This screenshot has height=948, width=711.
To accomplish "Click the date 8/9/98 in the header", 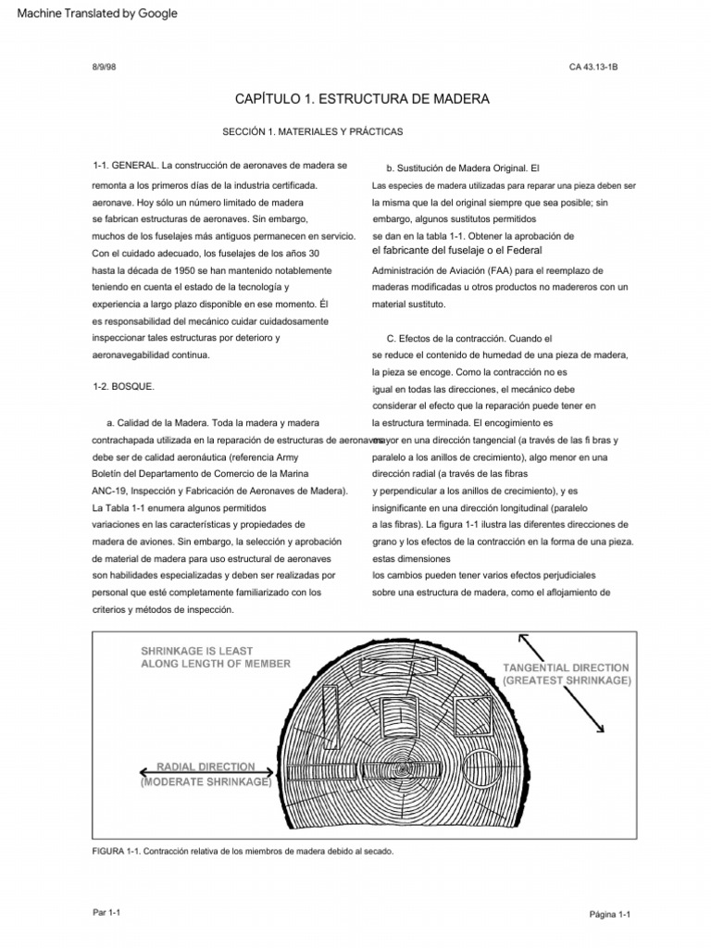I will [x=104, y=68].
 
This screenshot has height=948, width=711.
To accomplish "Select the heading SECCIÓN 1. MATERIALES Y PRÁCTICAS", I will [x=313, y=132].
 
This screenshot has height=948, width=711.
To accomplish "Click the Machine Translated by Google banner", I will [x=91, y=13].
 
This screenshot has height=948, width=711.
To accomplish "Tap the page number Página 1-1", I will [x=609, y=915].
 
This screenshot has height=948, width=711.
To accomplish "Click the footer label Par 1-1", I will [x=108, y=912].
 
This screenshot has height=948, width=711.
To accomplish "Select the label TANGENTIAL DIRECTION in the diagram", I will [x=566, y=667].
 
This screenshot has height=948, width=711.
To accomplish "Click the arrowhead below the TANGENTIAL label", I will [x=601, y=729].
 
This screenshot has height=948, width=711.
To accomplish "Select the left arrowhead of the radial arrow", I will [x=144, y=771].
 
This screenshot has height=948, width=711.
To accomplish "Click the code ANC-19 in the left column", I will [x=110, y=491].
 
